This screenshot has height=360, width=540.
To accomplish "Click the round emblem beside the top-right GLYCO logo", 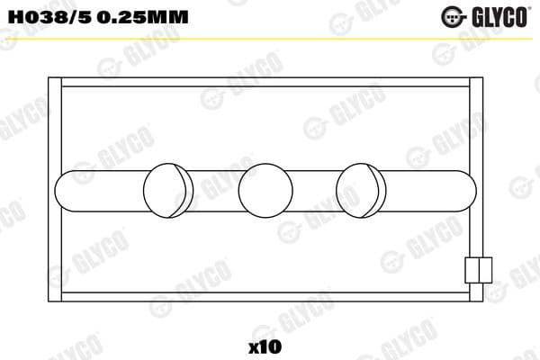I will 453,15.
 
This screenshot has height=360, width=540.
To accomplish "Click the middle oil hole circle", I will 265,189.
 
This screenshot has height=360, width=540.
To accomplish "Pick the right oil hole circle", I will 361,189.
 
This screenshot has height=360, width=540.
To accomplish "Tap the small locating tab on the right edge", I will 478,270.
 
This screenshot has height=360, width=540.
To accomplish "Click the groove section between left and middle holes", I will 216,189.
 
